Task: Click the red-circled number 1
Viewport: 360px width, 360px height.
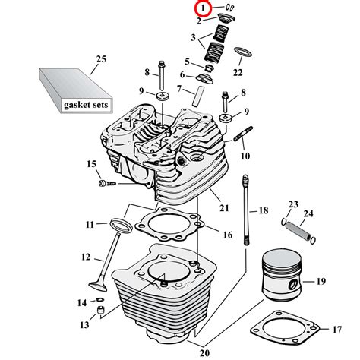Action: click(x=202, y=8)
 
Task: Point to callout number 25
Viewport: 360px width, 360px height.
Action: click(x=101, y=58)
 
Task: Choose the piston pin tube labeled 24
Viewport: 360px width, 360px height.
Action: click(x=301, y=229)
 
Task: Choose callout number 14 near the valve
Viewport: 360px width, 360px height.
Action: click(x=81, y=302)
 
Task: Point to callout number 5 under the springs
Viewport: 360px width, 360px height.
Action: click(x=187, y=61)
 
